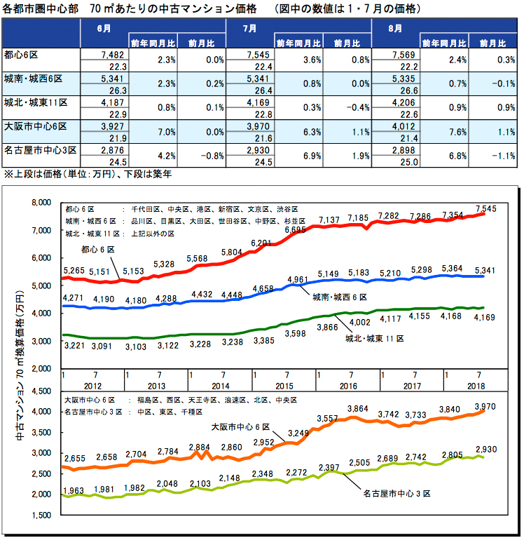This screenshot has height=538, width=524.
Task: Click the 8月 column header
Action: pos(395,29)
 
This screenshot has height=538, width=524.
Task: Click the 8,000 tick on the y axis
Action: pos(42,203)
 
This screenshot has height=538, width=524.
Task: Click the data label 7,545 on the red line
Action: pos(485,208)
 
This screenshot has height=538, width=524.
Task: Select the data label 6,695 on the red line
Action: pos(296,230)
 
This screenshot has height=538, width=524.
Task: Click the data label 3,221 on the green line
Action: pos(74,346)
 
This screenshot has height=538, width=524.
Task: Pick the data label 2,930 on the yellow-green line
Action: pos(485,449)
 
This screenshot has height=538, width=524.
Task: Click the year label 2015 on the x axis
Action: pos(284,385)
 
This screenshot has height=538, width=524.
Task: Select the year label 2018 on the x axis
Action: pos(476,385)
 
